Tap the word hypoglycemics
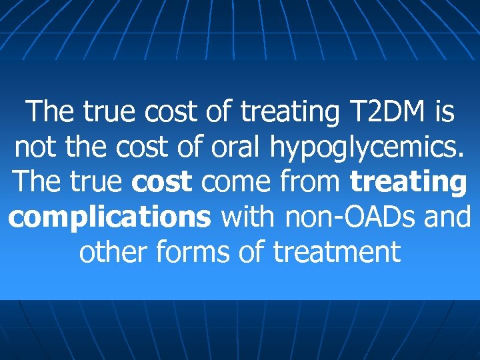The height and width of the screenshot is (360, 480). (369, 147)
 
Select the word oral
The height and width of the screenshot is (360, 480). (235, 146)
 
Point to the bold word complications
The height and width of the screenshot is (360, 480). (111, 217)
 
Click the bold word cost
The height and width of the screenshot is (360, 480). (163, 181)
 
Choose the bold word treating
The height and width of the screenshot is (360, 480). (408, 182)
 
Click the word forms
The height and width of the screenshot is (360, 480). (199, 252)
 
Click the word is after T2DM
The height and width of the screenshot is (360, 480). (443, 111)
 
